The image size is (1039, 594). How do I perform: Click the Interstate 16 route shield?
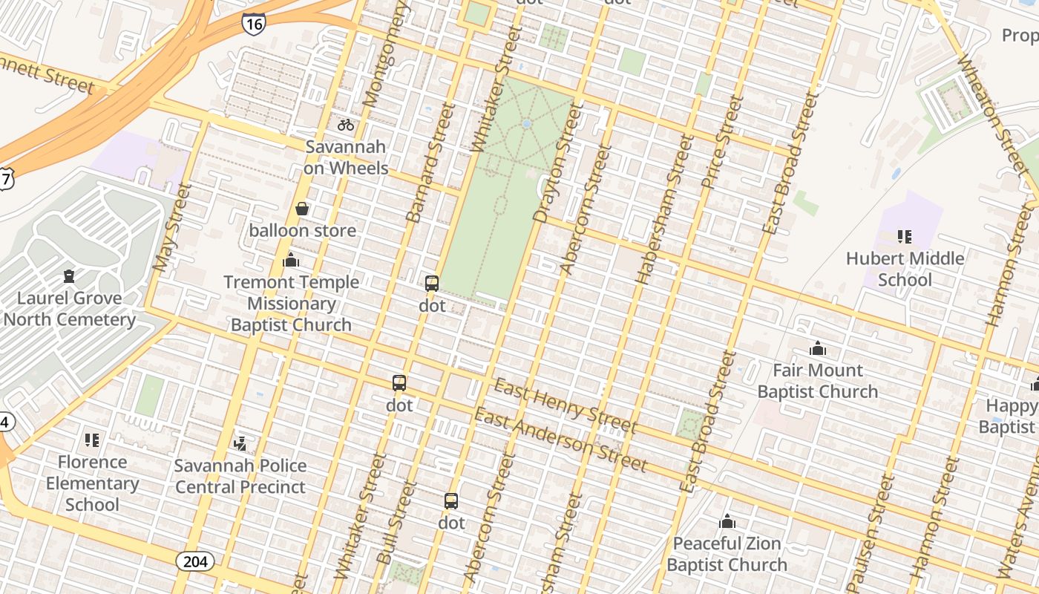click(x=253, y=23)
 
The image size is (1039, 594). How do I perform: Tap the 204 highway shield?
click(x=195, y=561)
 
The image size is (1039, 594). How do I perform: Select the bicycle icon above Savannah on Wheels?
click(x=346, y=125)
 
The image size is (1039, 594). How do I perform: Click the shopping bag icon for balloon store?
click(x=302, y=209)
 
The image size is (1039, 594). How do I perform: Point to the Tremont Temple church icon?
click(x=291, y=261)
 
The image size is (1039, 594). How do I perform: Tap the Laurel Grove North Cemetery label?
click(x=70, y=309)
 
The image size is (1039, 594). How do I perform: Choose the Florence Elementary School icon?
click(x=92, y=440)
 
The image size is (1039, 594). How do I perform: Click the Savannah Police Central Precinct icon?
click(x=240, y=444)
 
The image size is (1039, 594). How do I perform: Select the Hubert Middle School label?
click(x=905, y=269)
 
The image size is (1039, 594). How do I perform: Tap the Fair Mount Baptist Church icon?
click(x=818, y=348)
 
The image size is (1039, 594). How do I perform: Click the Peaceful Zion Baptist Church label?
click(x=727, y=554)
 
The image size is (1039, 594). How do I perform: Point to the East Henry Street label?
click(x=565, y=405)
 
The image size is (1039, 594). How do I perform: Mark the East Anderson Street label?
click(x=560, y=440)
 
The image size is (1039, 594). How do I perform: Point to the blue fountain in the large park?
click(x=526, y=124)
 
